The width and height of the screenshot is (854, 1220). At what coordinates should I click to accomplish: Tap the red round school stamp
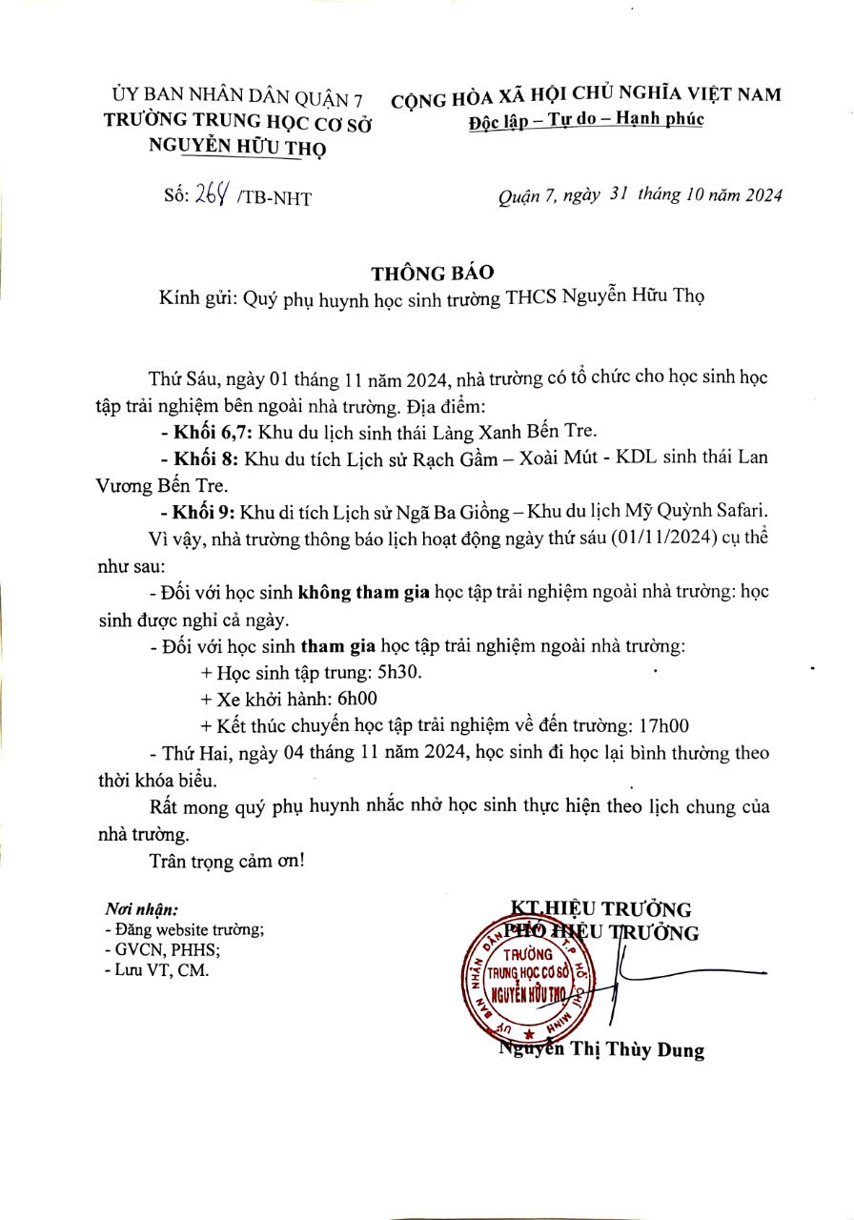tap(534, 981)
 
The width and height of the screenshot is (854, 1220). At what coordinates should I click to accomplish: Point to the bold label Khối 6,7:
tap(203, 430)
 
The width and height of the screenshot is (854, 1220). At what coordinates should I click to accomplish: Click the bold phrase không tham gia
tap(363, 592)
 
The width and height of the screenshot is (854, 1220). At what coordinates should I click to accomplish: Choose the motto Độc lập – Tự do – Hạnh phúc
tap(586, 121)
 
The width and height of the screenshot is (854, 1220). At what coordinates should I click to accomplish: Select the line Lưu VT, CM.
tap(157, 970)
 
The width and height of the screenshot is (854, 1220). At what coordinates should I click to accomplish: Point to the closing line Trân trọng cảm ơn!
tap(227, 861)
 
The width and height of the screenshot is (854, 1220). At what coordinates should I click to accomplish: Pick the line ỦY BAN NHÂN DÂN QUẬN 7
tap(238, 97)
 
